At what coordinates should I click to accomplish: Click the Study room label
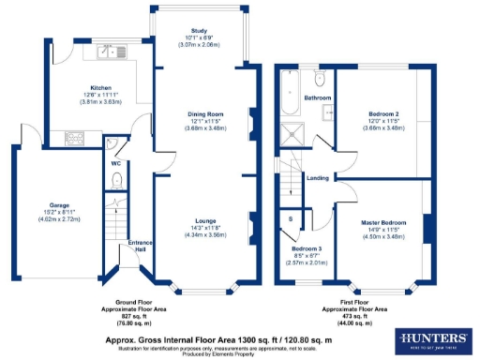click(x=198, y=31)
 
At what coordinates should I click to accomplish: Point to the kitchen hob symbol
click(x=72, y=140)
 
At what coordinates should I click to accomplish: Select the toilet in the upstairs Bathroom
click(x=320, y=78)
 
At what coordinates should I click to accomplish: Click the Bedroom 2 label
click(x=383, y=113)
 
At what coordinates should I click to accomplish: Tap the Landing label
click(x=318, y=177)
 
